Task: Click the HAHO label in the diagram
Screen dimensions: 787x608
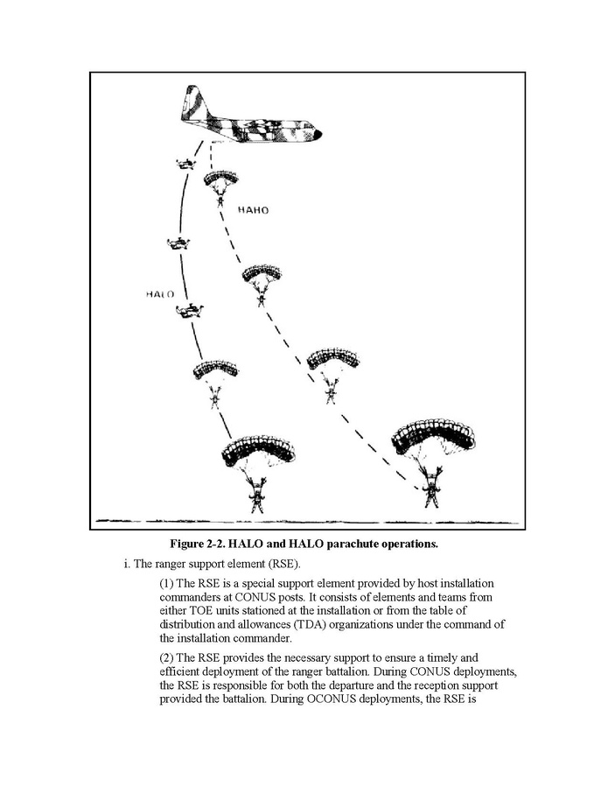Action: pyautogui.click(x=253, y=211)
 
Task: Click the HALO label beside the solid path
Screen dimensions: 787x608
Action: pyautogui.click(x=159, y=295)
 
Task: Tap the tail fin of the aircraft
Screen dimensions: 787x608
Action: pyautogui.click(x=191, y=100)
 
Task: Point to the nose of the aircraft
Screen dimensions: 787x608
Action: pyautogui.click(x=317, y=134)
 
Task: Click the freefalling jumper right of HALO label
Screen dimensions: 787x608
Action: pyautogui.click(x=189, y=310)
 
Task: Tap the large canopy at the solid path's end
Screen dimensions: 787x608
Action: pyautogui.click(x=257, y=450)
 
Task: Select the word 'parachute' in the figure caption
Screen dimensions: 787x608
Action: pyautogui.click(x=349, y=544)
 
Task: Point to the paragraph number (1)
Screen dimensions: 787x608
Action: pyautogui.click(x=168, y=582)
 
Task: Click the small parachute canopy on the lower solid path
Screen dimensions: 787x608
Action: pyautogui.click(x=215, y=369)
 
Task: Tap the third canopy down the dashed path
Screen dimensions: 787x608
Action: pyautogui.click(x=332, y=358)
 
